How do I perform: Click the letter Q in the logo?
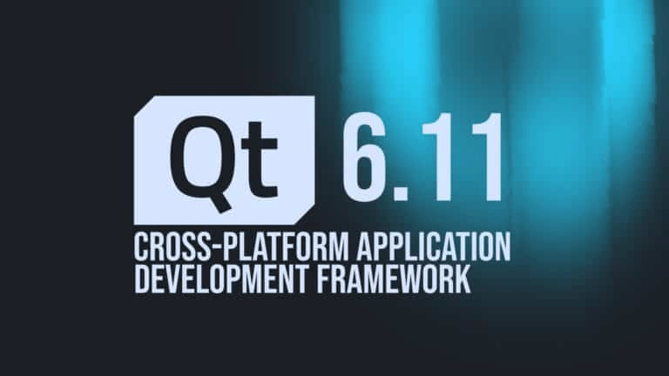pos(197,153)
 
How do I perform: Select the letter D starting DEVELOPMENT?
pos(142,279)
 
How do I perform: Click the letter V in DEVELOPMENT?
pos(179,279)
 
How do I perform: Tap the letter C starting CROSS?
pos(142,245)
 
